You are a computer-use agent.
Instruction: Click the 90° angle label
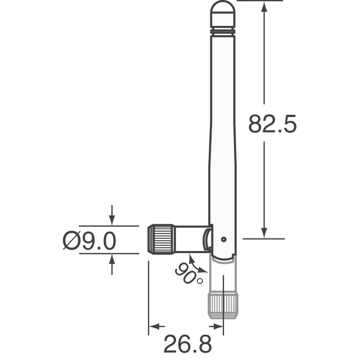188,274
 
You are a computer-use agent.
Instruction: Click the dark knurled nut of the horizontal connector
161,239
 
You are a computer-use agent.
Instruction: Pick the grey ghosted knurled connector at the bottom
223,304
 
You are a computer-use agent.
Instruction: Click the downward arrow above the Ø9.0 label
112,218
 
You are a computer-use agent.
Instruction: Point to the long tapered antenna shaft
222,129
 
